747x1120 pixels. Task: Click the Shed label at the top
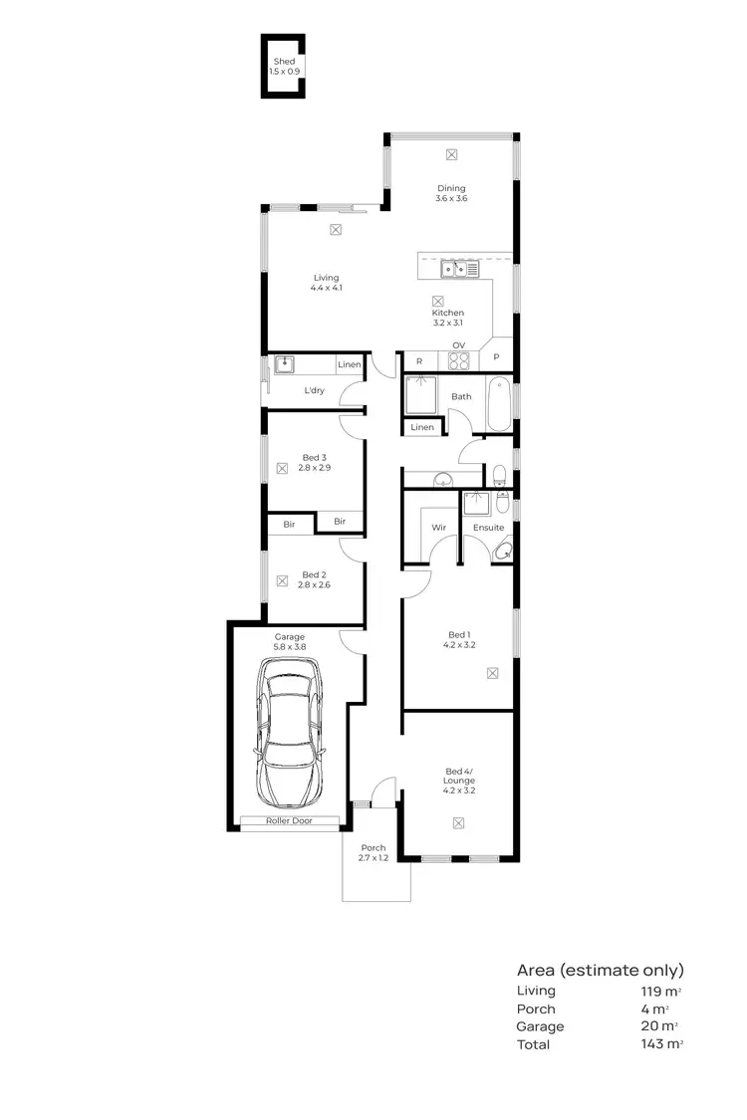284,62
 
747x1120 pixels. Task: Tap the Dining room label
451,188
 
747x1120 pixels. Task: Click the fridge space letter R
419,360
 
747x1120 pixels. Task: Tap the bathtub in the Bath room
499,404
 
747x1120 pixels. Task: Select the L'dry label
314,390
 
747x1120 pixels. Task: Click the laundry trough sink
285,364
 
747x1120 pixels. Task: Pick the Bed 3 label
314,457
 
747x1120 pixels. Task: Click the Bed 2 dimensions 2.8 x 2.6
315,585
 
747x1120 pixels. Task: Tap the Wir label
437,527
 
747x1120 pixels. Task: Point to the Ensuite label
488,527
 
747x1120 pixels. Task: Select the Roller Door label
290,821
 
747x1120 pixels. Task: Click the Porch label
373,847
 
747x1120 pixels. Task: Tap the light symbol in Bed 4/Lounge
458,822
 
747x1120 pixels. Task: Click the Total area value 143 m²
662,1044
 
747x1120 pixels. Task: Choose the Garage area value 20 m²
659,1026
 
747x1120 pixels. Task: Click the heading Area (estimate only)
600,970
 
